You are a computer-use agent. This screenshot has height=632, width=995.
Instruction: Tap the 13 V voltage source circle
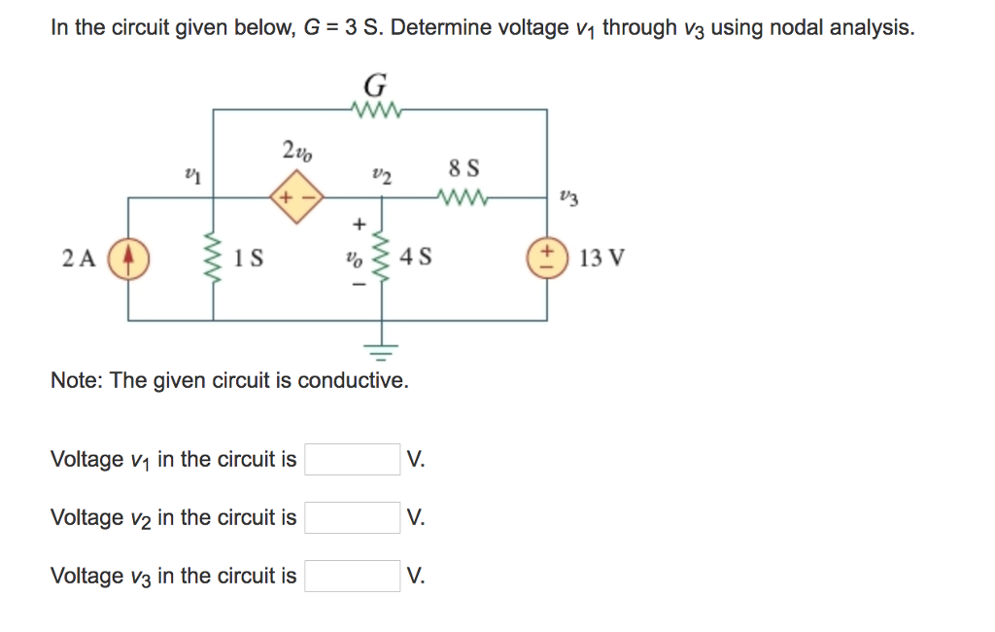pos(547,259)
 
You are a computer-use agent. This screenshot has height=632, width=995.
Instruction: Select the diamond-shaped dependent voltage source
pos(292,197)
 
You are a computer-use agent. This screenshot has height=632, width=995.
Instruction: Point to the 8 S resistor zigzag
pos(461,197)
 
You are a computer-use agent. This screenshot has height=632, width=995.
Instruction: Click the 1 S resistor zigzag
pos(213,259)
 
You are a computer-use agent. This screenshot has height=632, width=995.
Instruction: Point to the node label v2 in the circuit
pos(381,175)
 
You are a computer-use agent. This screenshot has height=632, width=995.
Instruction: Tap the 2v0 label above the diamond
pos(296,151)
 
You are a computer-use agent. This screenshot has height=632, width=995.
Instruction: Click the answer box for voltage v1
pos(352,459)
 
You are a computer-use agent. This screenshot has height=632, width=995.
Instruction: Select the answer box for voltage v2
pos(352,517)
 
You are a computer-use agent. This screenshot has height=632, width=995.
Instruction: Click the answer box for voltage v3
pos(352,576)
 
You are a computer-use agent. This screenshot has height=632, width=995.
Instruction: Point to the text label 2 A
pos(79,259)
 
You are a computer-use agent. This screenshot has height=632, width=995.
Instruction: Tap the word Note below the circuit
pos(76,380)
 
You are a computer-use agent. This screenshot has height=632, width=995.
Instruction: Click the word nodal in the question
pos(794,27)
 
